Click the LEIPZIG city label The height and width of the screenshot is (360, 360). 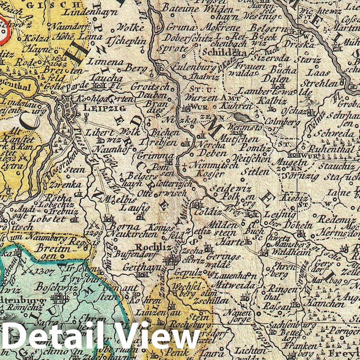click(x=99, y=108)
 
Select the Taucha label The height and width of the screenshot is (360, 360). click(x=106, y=78)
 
